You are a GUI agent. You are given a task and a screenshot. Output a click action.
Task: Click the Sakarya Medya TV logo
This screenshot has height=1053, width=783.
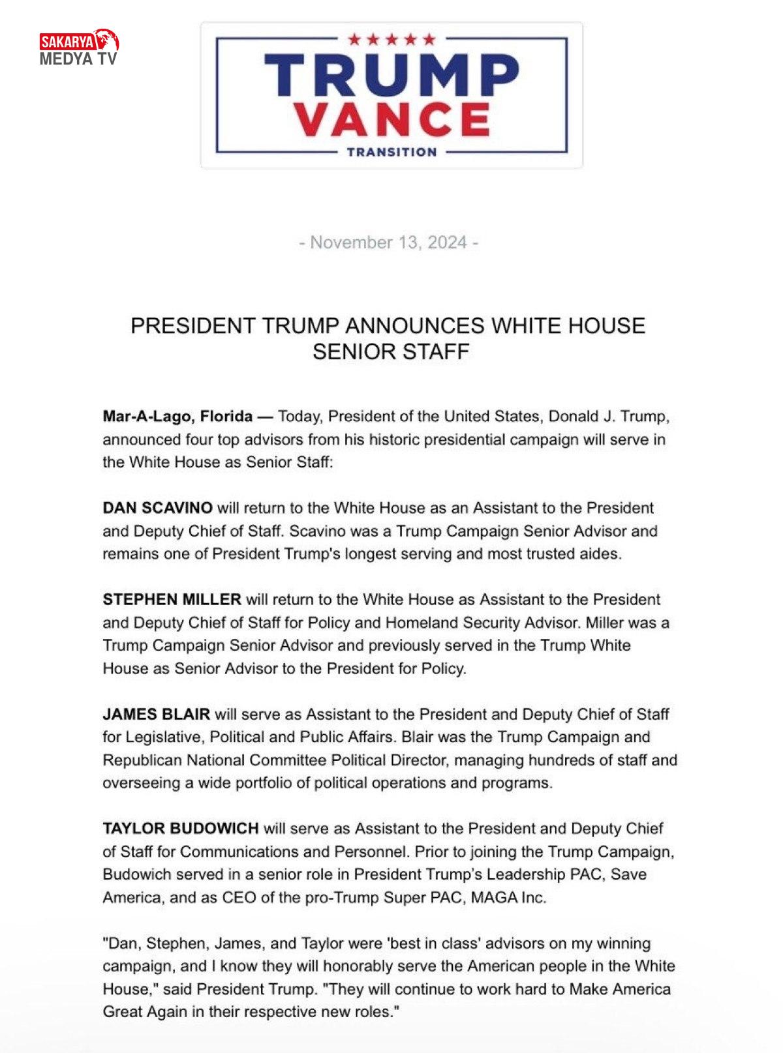79,48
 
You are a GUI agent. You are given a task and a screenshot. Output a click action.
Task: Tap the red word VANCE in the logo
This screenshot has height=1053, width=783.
391,120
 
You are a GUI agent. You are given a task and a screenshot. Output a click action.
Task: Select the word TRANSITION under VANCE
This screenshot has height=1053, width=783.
391,152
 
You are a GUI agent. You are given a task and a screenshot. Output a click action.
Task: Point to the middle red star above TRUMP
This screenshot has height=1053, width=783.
391,40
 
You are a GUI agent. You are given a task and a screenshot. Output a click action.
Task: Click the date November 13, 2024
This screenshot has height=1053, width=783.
389,243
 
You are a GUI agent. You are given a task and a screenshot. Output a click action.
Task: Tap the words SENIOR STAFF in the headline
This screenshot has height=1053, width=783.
391,352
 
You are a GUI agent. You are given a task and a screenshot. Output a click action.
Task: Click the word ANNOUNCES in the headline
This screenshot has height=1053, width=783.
414,325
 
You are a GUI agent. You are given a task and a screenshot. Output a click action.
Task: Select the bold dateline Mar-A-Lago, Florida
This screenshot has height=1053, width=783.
177,417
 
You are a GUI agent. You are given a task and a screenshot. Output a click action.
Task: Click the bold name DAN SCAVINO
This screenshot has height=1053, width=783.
157,508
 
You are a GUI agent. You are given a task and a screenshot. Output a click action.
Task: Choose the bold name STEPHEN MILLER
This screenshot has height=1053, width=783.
172,599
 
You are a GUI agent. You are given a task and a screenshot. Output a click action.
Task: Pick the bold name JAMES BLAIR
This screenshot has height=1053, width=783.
156,714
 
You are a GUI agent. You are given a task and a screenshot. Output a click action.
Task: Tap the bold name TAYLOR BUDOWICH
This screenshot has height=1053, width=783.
181,829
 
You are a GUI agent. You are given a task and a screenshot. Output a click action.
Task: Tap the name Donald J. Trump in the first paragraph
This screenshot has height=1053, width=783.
608,417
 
